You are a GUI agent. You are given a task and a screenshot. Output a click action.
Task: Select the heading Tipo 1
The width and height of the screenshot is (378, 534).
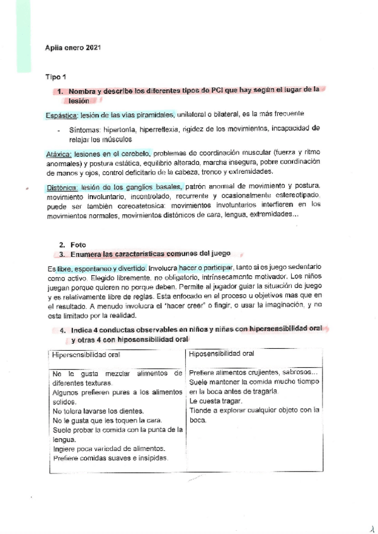(56, 76)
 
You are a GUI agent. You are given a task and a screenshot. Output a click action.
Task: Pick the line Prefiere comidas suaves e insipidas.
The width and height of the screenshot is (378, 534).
(110, 458)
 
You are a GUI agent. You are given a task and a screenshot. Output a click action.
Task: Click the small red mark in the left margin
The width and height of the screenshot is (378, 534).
(26, 188)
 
